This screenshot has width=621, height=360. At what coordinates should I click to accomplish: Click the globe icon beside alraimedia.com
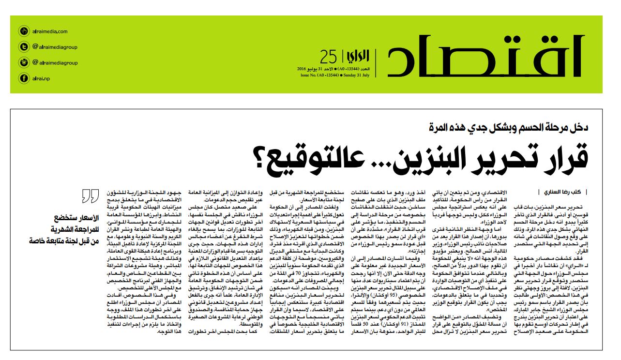click(x=23, y=31)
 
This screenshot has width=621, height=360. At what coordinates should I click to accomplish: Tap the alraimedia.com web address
click(x=50, y=31)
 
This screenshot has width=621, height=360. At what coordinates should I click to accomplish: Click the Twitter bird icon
click(x=23, y=47)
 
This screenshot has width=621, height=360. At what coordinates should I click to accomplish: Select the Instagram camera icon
click(x=23, y=62)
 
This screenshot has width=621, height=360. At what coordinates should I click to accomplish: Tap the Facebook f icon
click(x=23, y=78)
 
